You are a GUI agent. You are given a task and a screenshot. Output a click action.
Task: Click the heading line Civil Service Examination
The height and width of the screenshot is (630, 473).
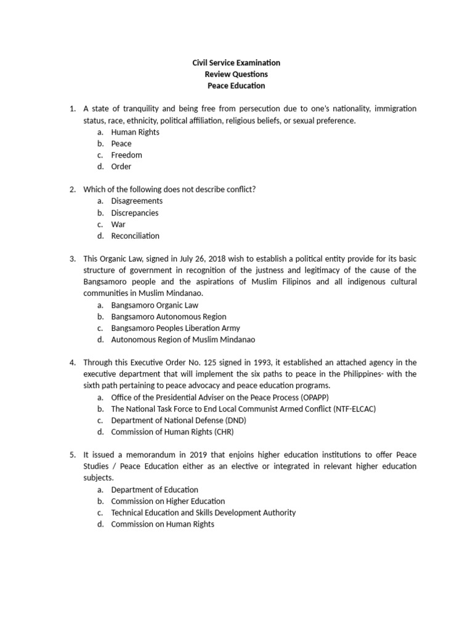(x=236, y=63)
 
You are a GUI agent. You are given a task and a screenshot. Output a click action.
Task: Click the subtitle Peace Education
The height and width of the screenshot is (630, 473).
(x=236, y=86)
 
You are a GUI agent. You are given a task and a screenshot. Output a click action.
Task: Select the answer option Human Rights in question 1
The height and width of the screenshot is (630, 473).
(x=135, y=132)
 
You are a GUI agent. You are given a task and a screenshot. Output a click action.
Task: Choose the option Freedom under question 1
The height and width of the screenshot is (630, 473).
(x=126, y=155)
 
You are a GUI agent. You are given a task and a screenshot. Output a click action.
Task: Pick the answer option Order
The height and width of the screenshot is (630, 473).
(x=121, y=166)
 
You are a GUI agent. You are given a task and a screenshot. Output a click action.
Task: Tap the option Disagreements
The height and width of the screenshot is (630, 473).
(x=137, y=201)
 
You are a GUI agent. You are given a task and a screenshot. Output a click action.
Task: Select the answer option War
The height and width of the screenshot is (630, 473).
(x=118, y=224)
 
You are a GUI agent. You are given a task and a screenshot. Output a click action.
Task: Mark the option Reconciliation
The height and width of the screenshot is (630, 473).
(x=135, y=236)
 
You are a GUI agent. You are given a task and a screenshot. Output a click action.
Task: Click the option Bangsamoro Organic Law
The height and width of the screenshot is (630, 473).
(x=155, y=305)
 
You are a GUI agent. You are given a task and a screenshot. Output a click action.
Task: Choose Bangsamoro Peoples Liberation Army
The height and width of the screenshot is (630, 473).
(x=176, y=328)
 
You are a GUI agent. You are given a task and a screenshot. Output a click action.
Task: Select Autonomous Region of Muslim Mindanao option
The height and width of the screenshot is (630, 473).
(x=183, y=340)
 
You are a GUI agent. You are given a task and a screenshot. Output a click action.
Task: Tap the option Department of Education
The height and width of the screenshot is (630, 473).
(x=155, y=490)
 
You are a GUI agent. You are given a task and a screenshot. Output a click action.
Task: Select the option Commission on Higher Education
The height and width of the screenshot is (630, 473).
(x=168, y=501)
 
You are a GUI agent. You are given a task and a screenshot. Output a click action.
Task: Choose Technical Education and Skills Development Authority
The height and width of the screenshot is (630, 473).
(x=203, y=512)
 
